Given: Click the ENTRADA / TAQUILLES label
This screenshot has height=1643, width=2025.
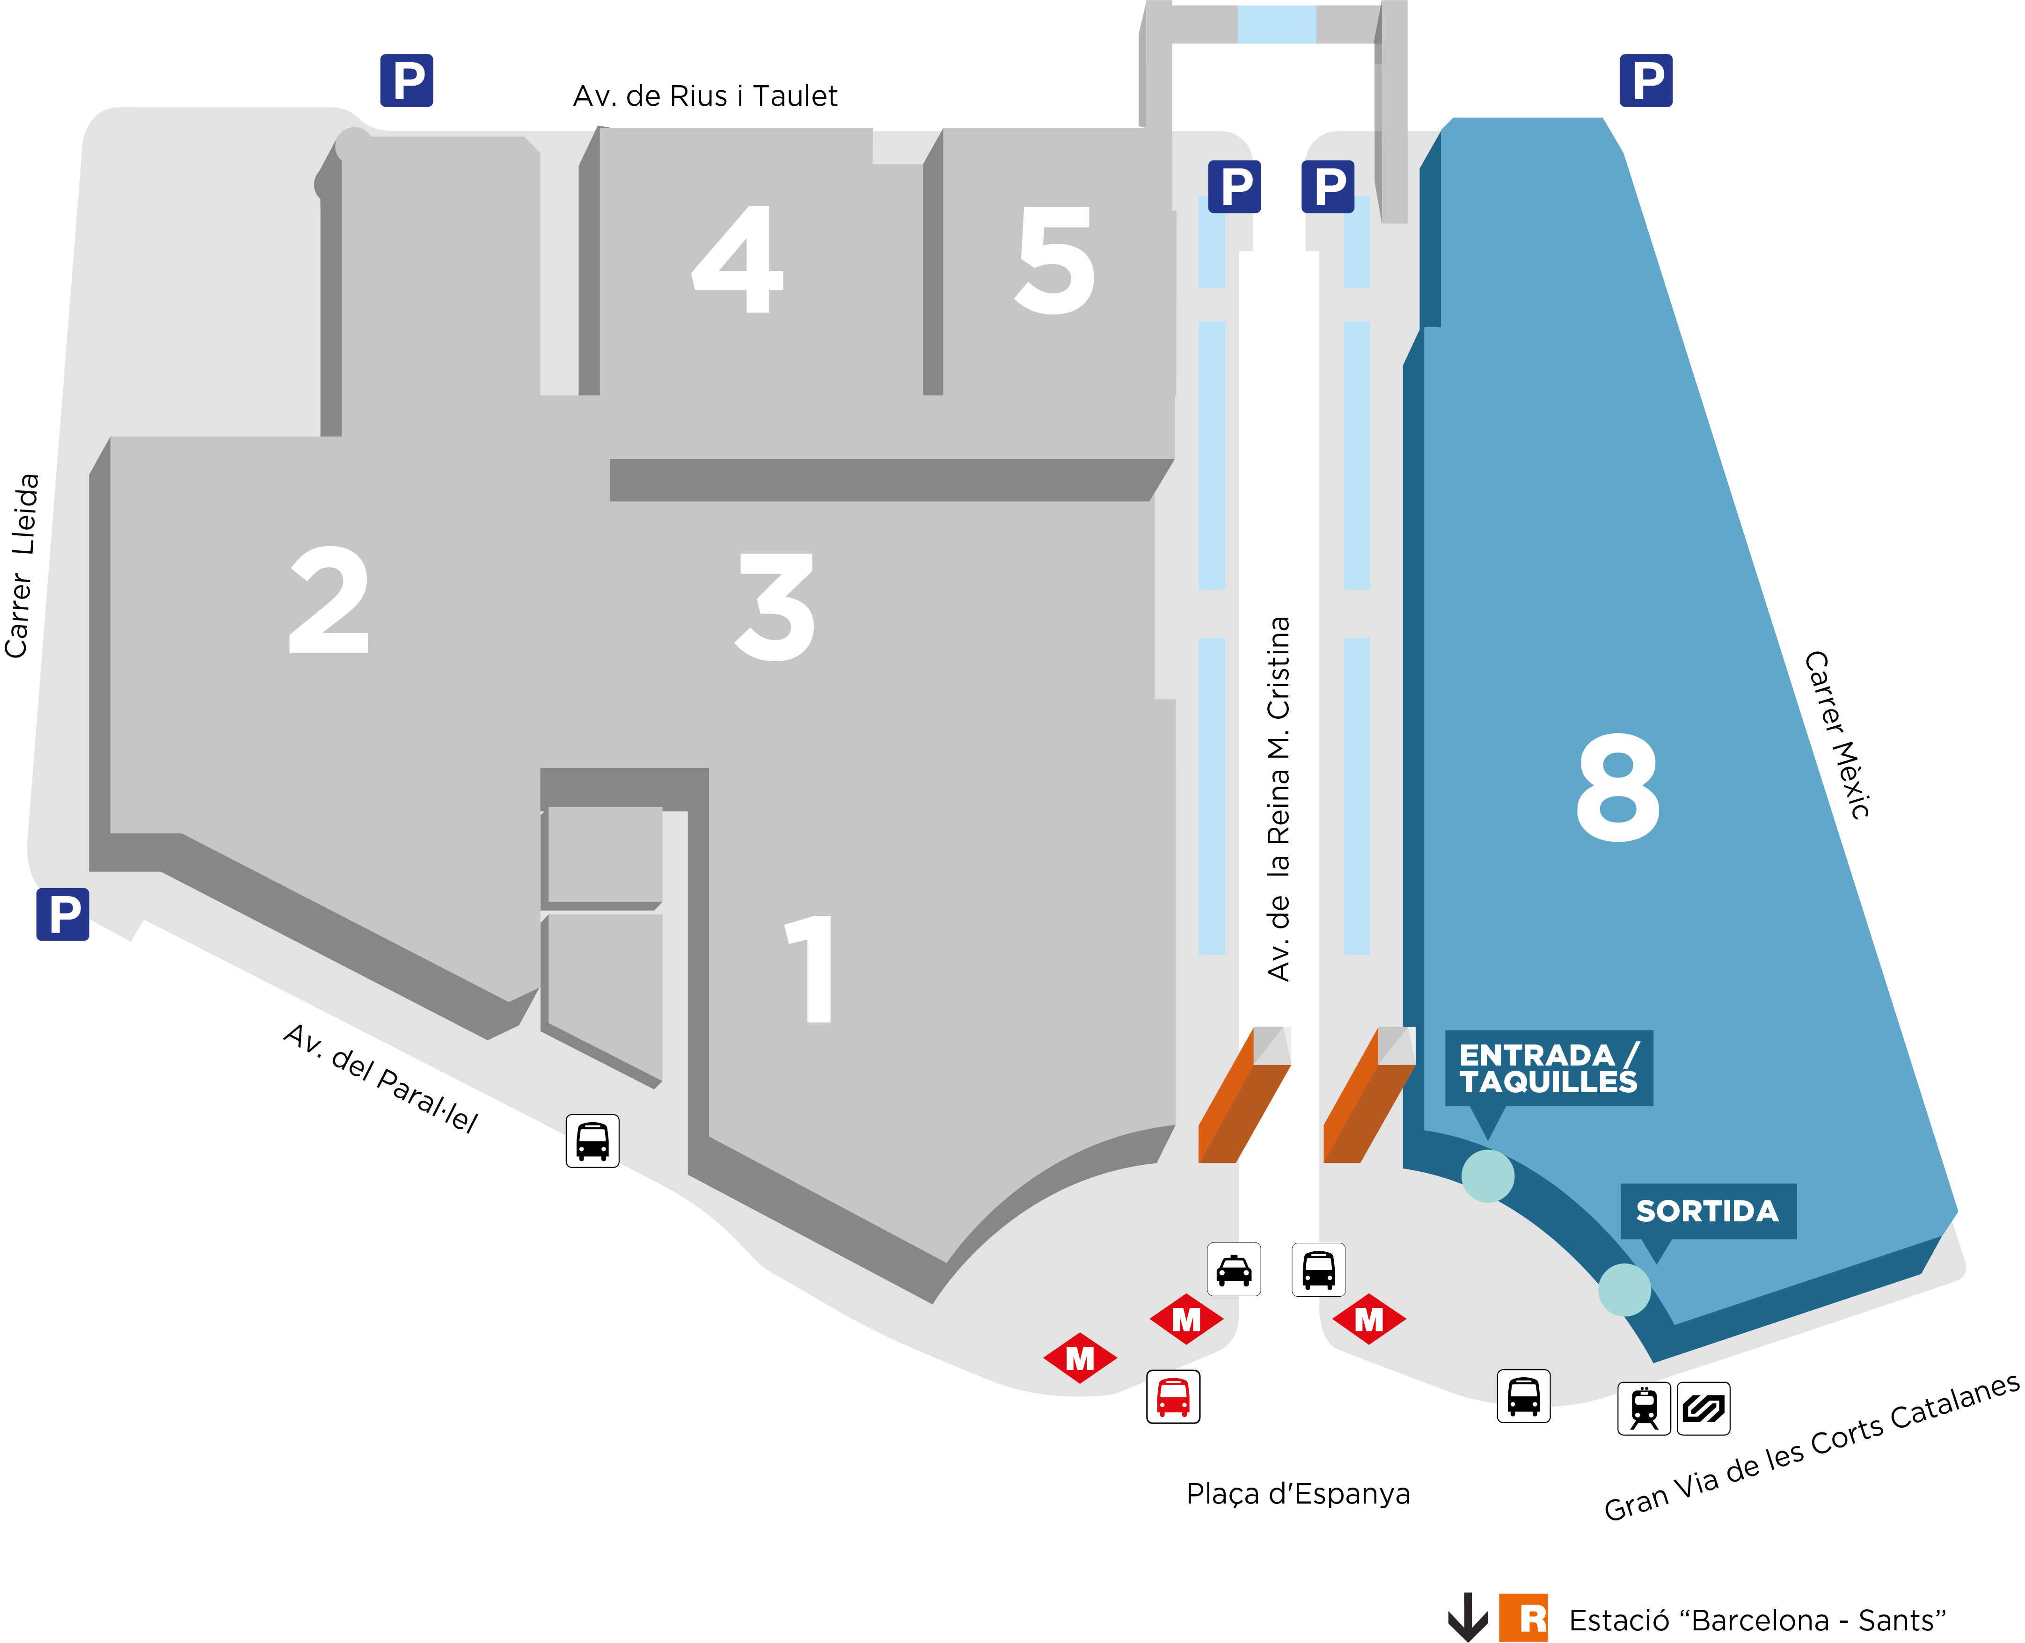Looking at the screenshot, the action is (x=1548, y=1067).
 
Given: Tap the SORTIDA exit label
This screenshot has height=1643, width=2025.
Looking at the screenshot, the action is (x=1707, y=1211).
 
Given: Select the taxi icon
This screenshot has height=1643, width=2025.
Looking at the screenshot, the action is (x=1234, y=1269).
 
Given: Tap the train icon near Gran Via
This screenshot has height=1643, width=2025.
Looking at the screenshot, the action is (x=1644, y=1408).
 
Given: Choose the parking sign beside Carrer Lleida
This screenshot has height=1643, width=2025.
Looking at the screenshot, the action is (x=62, y=914).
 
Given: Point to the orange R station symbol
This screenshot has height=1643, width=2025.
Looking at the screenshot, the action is (x=1523, y=1617).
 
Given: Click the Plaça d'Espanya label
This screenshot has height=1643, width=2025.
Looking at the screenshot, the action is (x=1297, y=1493).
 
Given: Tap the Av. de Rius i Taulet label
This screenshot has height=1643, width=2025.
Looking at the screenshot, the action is (x=705, y=95).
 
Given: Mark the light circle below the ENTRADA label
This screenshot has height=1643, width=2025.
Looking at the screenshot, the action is (x=1488, y=1176).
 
